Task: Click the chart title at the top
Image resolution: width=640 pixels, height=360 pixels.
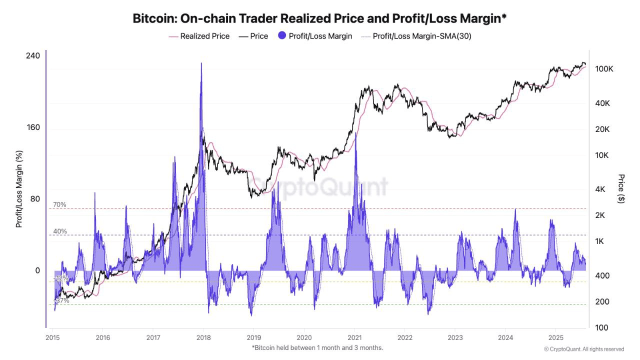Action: [x=320, y=19]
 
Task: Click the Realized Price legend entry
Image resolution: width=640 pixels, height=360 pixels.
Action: [x=199, y=36]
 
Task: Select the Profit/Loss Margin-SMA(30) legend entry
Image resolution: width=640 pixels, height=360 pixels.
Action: [x=416, y=36]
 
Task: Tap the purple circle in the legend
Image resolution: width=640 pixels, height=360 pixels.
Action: [x=282, y=36]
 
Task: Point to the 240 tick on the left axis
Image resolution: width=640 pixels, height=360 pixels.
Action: [x=33, y=55]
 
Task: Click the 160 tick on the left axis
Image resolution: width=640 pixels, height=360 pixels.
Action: [x=33, y=127]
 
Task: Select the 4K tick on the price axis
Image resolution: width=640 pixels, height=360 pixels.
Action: [x=600, y=189]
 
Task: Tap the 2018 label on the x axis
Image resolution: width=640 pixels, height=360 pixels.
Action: [x=203, y=336]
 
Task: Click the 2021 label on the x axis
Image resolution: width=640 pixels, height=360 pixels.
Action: [x=354, y=336]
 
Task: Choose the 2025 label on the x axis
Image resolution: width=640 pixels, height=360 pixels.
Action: [x=556, y=336]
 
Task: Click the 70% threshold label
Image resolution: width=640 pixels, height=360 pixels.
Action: [x=60, y=204]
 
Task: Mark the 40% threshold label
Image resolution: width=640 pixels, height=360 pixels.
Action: [x=60, y=231]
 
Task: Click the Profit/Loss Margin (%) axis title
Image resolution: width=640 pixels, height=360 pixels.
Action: [x=19, y=189]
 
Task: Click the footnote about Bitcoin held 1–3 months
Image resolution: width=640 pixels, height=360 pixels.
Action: [x=317, y=347]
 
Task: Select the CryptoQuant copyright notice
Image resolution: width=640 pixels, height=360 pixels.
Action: [x=583, y=349]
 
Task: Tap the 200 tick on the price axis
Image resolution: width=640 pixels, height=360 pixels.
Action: [x=602, y=302]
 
